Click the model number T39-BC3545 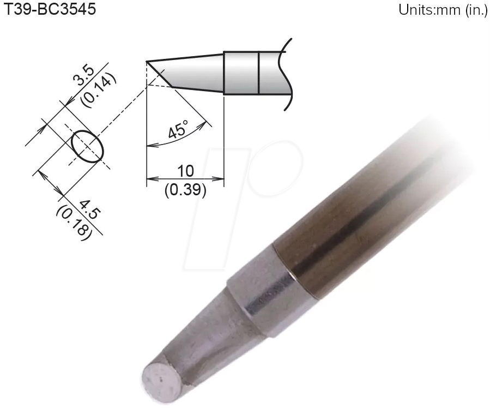(50, 10)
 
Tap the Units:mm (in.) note (439, 11)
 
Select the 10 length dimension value (186, 170)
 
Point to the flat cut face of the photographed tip (160, 379)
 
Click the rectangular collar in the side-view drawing (241, 73)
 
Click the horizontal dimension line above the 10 (186, 178)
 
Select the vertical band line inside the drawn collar (258, 73)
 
